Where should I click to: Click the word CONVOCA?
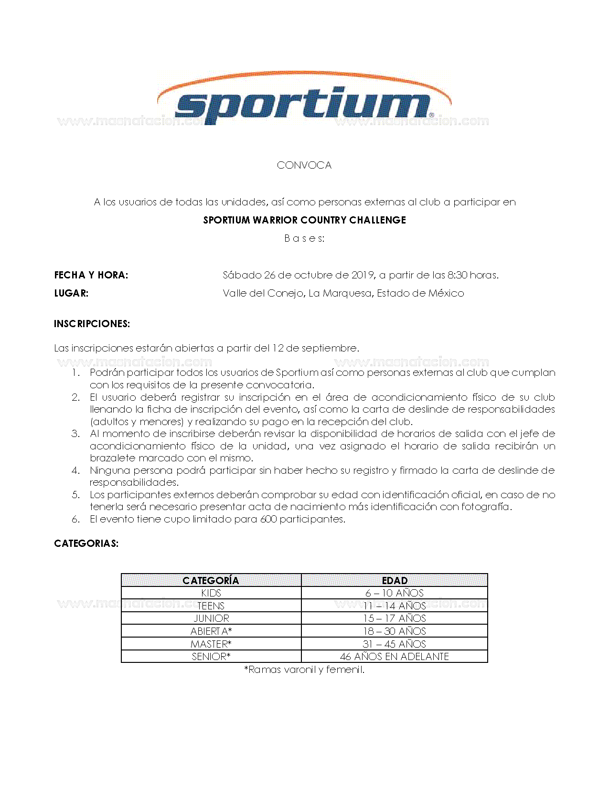tap(304, 165)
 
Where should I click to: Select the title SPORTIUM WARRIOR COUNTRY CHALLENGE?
tap(304, 220)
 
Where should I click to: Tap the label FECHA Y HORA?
tap(91, 275)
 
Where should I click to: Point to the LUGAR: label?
tap(71, 293)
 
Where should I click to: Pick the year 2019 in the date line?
tap(363, 275)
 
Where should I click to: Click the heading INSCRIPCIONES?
tap(92, 324)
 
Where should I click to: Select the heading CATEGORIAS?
tap(86, 543)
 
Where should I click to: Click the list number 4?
tap(76, 470)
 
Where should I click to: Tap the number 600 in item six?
tap(268, 519)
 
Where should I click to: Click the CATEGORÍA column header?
tap(211, 580)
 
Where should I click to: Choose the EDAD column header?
tap(395, 580)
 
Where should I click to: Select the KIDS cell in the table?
tap(211, 593)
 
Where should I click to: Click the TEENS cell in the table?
tap(211, 606)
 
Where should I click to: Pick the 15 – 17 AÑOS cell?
tap(395, 618)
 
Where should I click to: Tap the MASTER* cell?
tap(211, 644)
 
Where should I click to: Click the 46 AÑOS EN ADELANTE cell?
tap(395, 657)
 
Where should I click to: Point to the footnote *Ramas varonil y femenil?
tap(304, 670)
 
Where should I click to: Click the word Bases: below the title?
tap(304, 238)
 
